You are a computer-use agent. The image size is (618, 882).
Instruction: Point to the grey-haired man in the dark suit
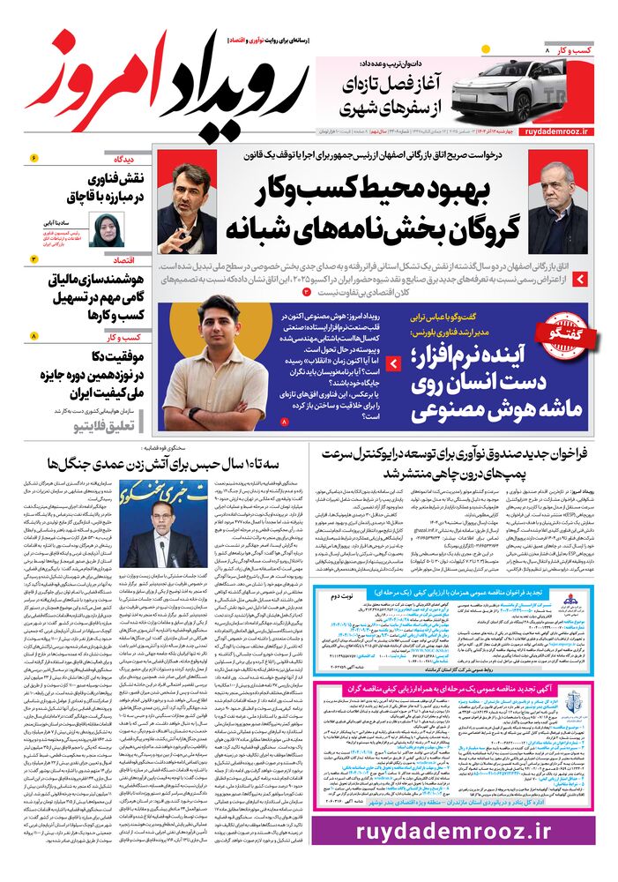[x=558, y=198]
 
